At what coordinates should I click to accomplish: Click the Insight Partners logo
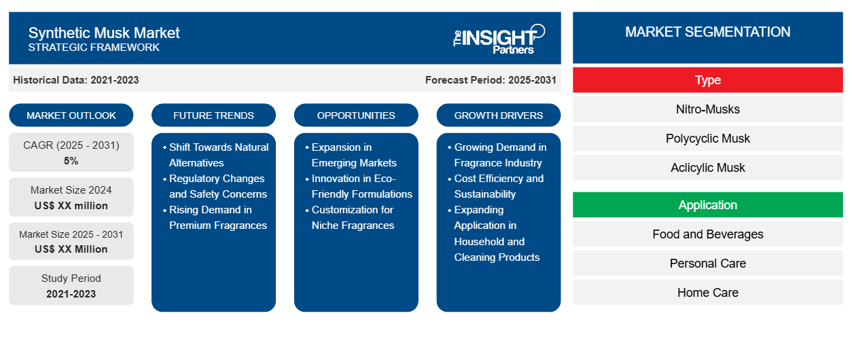tap(499, 39)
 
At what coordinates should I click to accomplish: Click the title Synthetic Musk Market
tap(104, 33)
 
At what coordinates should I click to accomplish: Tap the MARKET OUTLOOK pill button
tap(71, 115)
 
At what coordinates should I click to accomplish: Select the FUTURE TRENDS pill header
tap(213, 115)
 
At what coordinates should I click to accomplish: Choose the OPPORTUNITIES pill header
tap(356, 115)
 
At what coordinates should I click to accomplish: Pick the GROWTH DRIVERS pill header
tap(499, 115)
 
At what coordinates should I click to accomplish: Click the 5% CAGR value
tap(71, 161)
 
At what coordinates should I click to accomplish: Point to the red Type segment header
tap(708, 80)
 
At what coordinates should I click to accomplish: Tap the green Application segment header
tap(708, 205)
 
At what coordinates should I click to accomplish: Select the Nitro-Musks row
tap(708, 109)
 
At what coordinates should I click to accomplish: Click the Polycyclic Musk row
tap(708, 139)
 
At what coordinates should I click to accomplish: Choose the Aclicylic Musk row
tap(708, 167)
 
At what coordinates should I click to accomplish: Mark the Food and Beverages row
tap(708, 234)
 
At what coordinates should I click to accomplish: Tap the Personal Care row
tap(708, 263)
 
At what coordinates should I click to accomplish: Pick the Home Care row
tap(708, 292)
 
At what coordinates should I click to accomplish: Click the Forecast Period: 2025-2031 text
tap(491, 80)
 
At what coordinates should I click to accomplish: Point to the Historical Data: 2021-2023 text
tap(76, 80)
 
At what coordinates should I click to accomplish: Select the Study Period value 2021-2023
tap(71, 294)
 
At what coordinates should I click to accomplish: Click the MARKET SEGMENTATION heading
tap(708, 32)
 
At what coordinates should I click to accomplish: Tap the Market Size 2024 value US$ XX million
tap(71, 206)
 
